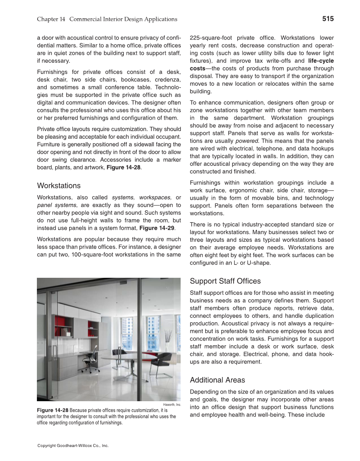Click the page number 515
pos(328,19)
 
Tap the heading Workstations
pos(59,186)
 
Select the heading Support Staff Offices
pos(225,281)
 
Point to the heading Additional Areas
pos(217,380)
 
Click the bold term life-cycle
pos(321,61)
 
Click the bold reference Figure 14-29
pos(156,228)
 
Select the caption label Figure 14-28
pos(53,411)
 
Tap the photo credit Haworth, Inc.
pos(172,405)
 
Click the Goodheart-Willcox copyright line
pos(73,446)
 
